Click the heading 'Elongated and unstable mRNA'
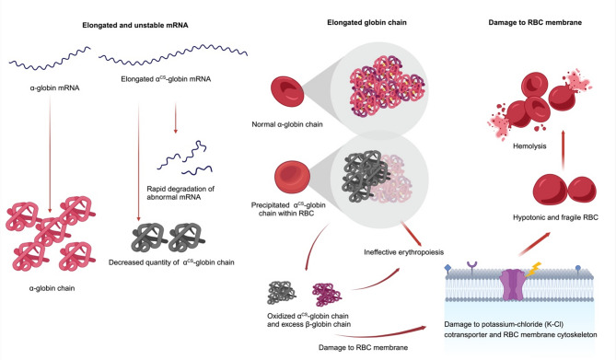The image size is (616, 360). coord(135,25)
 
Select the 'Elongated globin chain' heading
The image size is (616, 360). coord(366,22)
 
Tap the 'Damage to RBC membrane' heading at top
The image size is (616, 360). coord(535,22)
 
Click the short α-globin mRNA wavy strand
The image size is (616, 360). coord(50,59)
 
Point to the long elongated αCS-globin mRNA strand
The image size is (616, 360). coord(173,54)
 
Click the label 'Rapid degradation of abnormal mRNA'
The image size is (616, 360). coord(180,192)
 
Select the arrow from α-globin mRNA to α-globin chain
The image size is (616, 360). coord(50,154)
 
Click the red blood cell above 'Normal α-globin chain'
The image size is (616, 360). coord(287,92)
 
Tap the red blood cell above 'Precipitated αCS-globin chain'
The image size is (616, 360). coord(292,177)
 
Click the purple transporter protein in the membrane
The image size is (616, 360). coord(514,285)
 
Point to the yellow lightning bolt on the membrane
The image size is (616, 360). coord(534,270)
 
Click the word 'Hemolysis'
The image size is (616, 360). coord(529,146)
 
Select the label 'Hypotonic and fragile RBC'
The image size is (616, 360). coord(555,217)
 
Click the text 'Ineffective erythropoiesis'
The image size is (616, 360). coord(404,252)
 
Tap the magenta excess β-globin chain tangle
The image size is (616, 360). coord(327,295)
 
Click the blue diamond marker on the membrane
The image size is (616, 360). coord(447,268)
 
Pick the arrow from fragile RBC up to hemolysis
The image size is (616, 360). coord(564,150)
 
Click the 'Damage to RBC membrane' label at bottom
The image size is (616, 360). coord(363,347)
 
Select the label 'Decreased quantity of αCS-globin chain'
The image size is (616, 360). coord(171,262)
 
